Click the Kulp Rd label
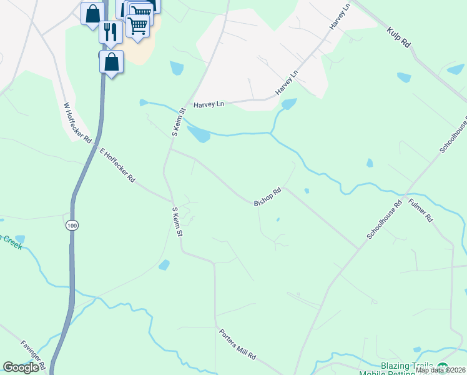point(398,37)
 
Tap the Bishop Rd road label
point(268,197)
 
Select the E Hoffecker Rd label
point(117,164)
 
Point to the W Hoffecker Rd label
point(77,122)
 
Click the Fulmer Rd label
point(420,210)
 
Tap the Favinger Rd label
point(32,354)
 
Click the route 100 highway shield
point(72,224)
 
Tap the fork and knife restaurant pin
point(111,31)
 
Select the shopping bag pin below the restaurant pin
point(111,62)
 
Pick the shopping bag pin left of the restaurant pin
point(92,13)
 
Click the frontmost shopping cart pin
point(137,26)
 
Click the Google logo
point(21,368)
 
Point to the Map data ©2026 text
point(440,370)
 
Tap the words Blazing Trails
point(407,366)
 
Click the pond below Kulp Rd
point(404,77)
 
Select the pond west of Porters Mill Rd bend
point(164,265)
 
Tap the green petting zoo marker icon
point(443,367)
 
